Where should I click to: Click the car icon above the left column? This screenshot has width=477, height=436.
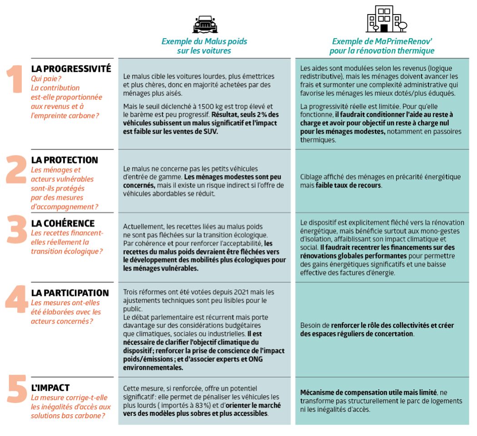point(205,25)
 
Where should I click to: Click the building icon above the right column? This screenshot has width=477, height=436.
point(386,20)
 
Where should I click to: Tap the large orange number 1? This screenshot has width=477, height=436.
point(16,80)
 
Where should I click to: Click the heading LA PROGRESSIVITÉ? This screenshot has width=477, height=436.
point(71,69)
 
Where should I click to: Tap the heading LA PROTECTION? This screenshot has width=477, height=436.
point(65,160)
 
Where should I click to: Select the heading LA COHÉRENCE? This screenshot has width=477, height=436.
point(63,223)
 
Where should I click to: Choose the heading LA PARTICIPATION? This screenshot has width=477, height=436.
point(70,293)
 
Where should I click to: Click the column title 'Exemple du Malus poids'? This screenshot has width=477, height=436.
point(204,41)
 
